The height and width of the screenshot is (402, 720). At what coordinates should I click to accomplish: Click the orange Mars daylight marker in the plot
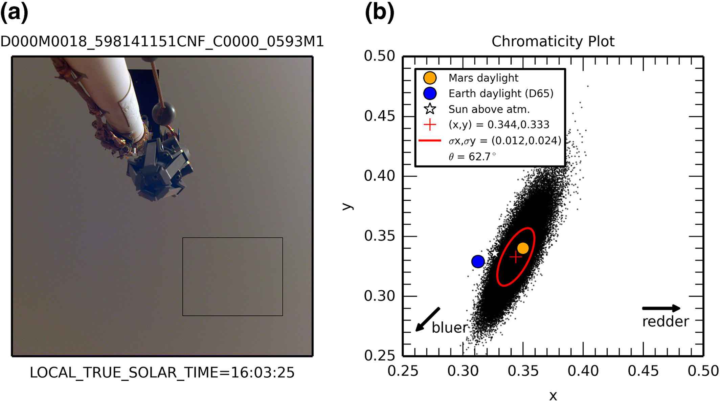[x=523, y=248]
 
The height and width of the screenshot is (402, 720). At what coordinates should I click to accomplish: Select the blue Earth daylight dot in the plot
[x=478, y=261]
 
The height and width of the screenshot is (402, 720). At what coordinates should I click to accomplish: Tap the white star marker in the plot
[x=494, y=253]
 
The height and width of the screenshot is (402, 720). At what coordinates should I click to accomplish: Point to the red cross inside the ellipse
[x=515, y=257]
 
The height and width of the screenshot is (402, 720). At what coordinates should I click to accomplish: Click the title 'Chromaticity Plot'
[x=553, y=42]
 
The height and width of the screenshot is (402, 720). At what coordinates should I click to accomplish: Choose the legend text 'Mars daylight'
[x=483, y=78]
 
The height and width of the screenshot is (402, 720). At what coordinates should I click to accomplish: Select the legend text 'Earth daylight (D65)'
[x=501, y=93]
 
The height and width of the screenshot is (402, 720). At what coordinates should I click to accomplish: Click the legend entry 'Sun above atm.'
[x=489, y=109]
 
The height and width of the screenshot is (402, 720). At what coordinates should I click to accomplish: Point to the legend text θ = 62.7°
[x=472, y=157]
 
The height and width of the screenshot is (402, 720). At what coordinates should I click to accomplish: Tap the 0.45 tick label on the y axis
[x=379, y=116]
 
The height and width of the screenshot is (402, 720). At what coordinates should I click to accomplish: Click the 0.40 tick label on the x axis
[x=583, y=371]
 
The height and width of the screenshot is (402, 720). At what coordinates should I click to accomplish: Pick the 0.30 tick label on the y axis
[x=379, y=296]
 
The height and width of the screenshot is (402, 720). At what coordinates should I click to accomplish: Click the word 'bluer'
[x=450, y=328]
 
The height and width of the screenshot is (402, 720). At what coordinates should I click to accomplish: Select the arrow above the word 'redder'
[x=661, y=308]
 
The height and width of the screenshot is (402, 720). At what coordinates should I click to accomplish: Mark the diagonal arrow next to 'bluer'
[x=428, y=319]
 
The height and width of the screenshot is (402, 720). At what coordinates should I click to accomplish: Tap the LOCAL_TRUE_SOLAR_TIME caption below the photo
[x=162, y=373]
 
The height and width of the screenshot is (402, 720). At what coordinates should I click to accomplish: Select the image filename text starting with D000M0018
[x=162, y=42]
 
